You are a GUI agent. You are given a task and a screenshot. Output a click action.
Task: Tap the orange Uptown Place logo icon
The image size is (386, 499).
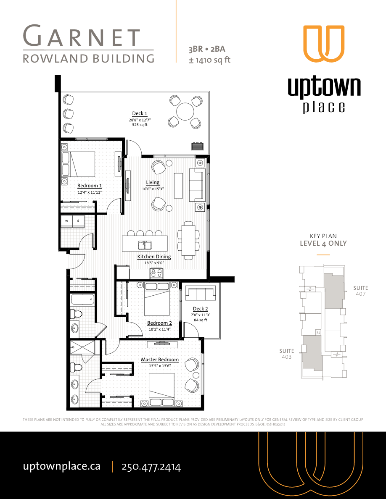click(x=324, y=44)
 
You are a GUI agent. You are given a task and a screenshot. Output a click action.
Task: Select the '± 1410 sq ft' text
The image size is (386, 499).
click(x=210, y=60)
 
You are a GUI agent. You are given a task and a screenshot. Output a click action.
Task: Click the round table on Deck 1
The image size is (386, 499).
click(x=185, y=112)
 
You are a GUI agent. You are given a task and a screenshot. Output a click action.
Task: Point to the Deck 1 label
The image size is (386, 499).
click(x=140, y=113)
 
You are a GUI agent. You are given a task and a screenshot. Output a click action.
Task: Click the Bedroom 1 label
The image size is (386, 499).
click(x=90, y=186)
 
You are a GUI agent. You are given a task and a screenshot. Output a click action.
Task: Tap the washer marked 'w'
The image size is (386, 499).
click(x=66, y=221)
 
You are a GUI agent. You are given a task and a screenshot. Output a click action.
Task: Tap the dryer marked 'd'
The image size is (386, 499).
click(x=78, y=221)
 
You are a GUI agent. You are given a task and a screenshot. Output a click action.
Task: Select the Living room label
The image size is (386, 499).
click(x=153, y=182)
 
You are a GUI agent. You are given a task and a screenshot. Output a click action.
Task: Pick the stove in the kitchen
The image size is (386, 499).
click(x=156, y=273)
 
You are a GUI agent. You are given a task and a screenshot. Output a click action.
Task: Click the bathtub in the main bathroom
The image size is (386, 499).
click(x=82, y=300)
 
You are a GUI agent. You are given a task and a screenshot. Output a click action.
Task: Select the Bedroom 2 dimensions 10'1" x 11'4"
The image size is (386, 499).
click(x=160, y=329)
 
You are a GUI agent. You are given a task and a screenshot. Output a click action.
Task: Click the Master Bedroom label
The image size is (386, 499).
click(x=160, y=360)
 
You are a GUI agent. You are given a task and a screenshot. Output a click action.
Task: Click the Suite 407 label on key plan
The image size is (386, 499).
click(x=360, y=291)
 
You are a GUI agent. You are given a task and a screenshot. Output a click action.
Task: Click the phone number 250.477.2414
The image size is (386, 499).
click(x=151, y=467)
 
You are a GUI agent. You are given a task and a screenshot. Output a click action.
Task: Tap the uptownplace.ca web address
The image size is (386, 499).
click(x=61, y=466)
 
